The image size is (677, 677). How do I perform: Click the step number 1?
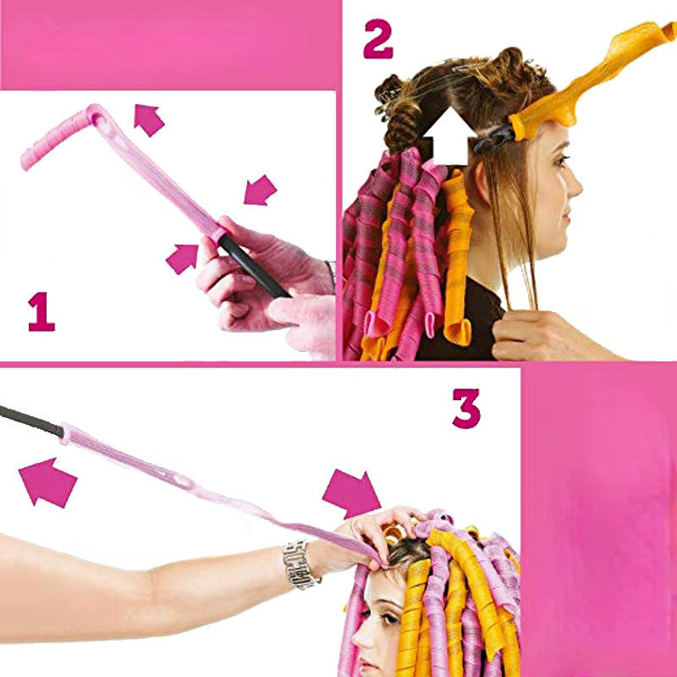(41, 311)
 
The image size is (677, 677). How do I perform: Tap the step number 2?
(378, 39)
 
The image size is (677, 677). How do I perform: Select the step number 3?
(466, 409)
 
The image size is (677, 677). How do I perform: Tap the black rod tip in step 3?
(31, 420)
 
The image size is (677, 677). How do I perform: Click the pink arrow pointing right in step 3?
(353, 494)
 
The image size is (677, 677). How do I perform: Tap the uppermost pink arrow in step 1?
(148, 119)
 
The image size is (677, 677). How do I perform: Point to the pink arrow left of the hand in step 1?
(183, 259)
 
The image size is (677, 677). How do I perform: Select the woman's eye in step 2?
(562, 162)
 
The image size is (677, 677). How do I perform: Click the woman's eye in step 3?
(390, 618)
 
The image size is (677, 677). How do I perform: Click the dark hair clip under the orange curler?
(495, 138)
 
